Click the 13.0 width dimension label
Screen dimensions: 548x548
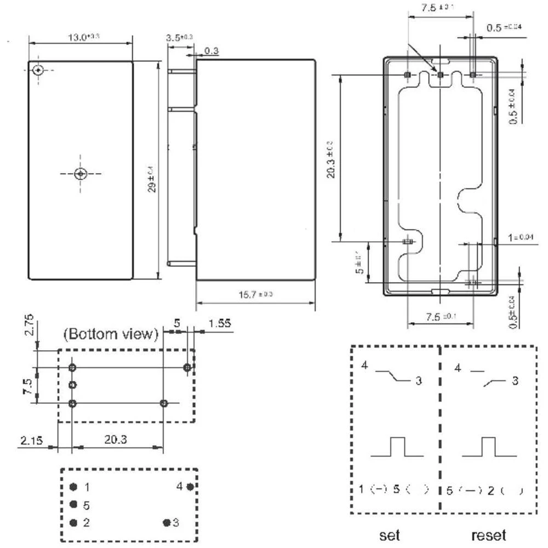click(x=83, y=37)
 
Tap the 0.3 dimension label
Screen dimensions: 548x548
click(x=212, y=51)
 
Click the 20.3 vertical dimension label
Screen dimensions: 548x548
click(x=332, y=159)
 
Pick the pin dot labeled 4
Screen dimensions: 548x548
click(x=190, y=486)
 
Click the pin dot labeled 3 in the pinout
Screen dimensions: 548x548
click(x=166, y=523)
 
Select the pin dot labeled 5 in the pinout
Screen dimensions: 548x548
click(x=73, y=505)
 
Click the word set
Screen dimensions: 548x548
click(x=390, y=534)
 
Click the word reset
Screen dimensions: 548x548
click(x=488, y=534)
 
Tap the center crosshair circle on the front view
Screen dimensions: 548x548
click(x=81, y=174)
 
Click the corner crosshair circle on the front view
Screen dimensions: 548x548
click(x=38, y=70)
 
